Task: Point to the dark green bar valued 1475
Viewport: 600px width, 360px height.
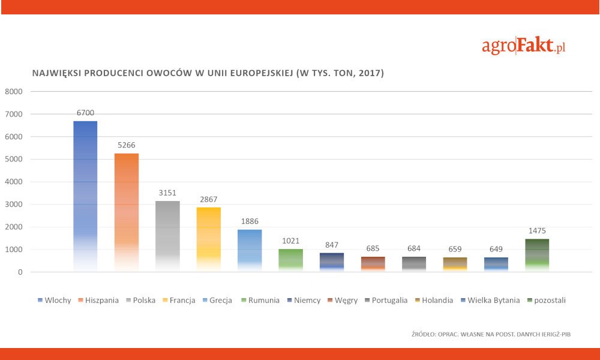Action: click(537, 255)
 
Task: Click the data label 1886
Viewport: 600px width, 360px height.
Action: click(250, 221)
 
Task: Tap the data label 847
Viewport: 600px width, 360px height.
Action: click(332, 244)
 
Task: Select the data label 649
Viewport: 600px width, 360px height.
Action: click(496, 249)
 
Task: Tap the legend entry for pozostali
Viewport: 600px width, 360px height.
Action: click(546, 300)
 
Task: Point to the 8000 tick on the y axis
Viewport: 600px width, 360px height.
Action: click(13, 92)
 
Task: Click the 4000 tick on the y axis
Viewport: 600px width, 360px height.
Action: click(13, 182)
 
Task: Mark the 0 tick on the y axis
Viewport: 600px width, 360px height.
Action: click(20, 272)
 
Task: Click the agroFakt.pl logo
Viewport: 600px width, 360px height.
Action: click(524, 46)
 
